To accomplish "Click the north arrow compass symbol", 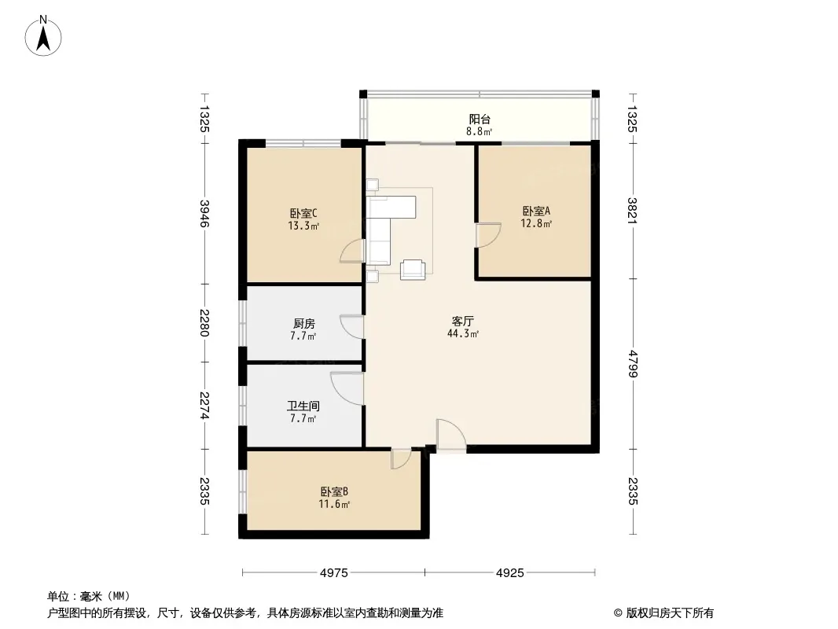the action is (x=43, y=36).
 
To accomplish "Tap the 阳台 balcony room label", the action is (x=480, y=120).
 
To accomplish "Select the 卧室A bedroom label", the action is (x=536, y=211).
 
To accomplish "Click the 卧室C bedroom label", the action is (x=303, y=213).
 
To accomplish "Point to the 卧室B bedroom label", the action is (x=335, y=491).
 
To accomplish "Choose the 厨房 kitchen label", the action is (x=304, y=323).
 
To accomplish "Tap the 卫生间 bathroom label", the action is (x=303, y=406).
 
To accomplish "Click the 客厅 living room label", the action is (x=463, y=321).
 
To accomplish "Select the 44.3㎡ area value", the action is (x=463, y=334).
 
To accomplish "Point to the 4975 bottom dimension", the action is (x=334, y=573).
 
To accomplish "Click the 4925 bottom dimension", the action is (x=510, y=573).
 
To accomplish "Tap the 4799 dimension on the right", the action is (x=633, y=363).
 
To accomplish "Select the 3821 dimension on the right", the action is (x=633, y=211).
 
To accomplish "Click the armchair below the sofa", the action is (x=413, y=270).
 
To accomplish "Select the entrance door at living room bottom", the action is (x=451, y=435).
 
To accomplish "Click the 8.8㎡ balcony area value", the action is (x=480, y=131).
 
